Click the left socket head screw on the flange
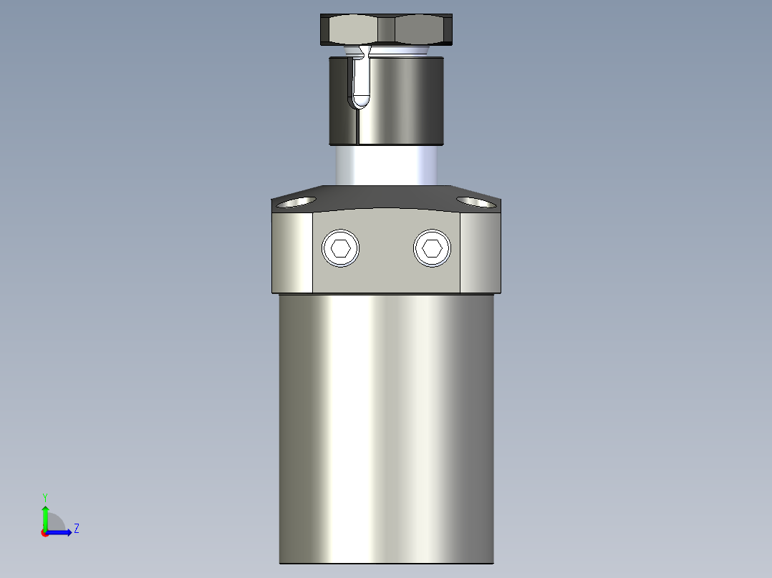tap(341, 248)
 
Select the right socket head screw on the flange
tap(432, 248)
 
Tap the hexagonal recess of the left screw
tap(341, 248)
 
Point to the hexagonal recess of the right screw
tap(432, 248)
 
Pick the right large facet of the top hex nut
tap(423, 29)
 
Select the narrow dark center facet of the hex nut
tap(387, 29)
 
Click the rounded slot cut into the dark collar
tap(361, 82)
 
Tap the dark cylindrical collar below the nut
tap(401, 100)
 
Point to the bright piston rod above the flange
tap(387, 165)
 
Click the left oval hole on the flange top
tap(297, 202)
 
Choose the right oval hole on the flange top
tap(476, 202)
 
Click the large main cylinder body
tap(387, 429)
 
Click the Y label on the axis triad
tap(44, 496)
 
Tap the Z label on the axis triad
tap(76, 529)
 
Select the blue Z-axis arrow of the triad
tap(61, 532)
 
